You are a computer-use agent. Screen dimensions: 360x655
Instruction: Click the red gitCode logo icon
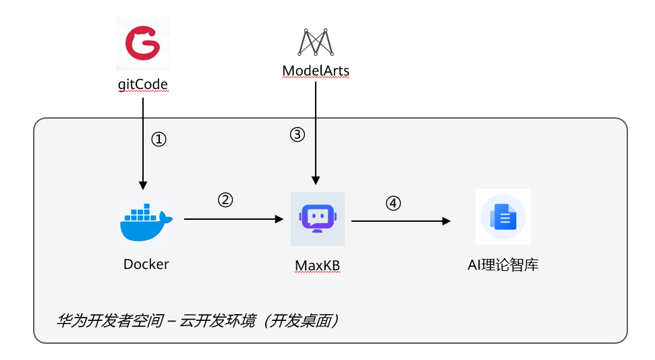tap(142, 44)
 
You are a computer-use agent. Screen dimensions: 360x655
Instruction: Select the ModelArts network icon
tap(316, 42)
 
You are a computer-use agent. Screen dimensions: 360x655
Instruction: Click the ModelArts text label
tap(316, 71)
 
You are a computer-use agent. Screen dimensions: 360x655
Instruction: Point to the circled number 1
tap(158, 140)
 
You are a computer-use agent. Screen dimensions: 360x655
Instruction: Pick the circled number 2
tap(225, 200)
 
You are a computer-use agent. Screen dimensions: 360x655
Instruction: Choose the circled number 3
tap(297, 135)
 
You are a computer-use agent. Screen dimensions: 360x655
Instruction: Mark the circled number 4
tap(393, 202)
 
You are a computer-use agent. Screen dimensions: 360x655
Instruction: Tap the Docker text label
tap(146, 264)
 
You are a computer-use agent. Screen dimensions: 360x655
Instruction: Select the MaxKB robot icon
tap(317, 218)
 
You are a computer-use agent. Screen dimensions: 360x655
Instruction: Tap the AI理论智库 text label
tap(503, 265)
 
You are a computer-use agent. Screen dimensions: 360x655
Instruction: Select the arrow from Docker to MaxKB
tap(233, 219)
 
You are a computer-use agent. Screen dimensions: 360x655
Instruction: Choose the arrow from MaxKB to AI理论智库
tap(401, 220)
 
